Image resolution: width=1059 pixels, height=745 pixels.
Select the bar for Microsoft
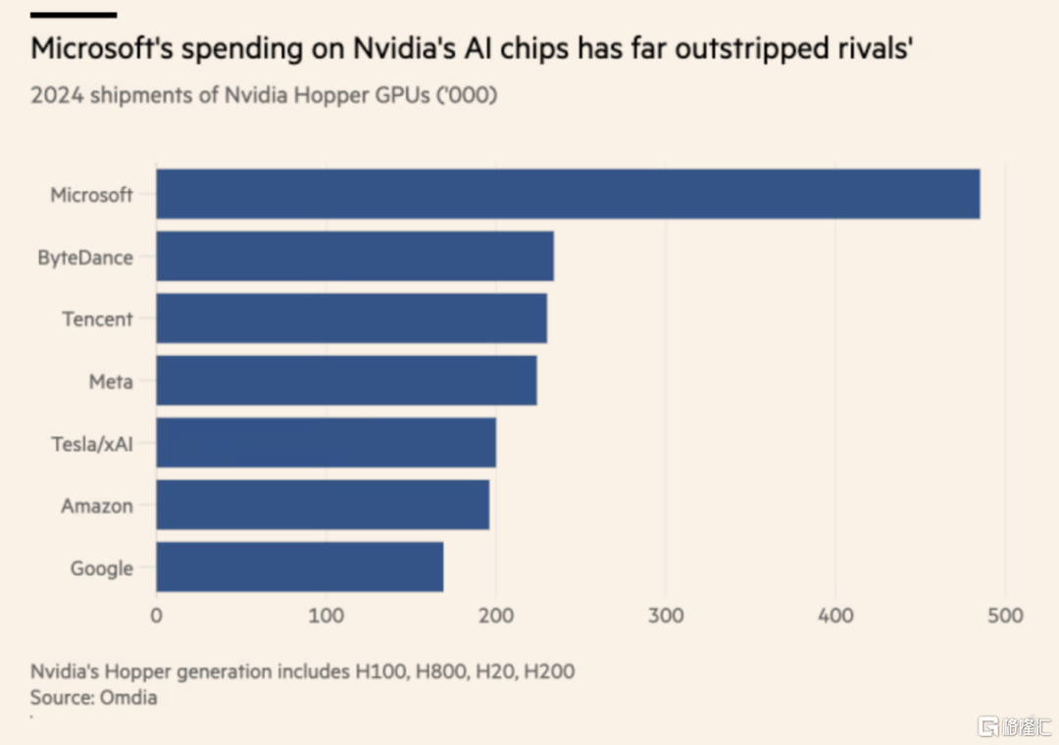coord(568,194)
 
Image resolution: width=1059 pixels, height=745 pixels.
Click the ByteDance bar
coord(355,257)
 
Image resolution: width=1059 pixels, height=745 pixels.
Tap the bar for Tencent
coord(351,319)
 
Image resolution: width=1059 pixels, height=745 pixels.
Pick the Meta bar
coord(346,380)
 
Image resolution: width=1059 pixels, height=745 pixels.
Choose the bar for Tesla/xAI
coord(326,443)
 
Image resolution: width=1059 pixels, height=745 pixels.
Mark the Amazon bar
coord(323,505)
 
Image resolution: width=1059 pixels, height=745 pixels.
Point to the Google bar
coord(299,567)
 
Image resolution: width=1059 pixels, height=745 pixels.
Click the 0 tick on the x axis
coord(156,616)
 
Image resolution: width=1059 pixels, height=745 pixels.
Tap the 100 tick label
coord(326,616)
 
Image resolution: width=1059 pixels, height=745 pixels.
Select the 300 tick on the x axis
coord(666,616)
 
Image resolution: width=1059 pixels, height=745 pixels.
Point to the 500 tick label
coord(1005,616)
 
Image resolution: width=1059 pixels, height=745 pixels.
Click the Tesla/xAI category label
coord(92,444)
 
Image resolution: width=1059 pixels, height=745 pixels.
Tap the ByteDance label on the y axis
coord(85,259)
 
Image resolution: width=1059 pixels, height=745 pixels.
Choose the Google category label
coord(101,569)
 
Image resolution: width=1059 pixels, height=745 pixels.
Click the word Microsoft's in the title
coord(96,47)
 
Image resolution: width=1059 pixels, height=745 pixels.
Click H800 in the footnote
coord(436,672)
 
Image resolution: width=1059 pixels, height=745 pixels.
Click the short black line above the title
coord(74,15)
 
